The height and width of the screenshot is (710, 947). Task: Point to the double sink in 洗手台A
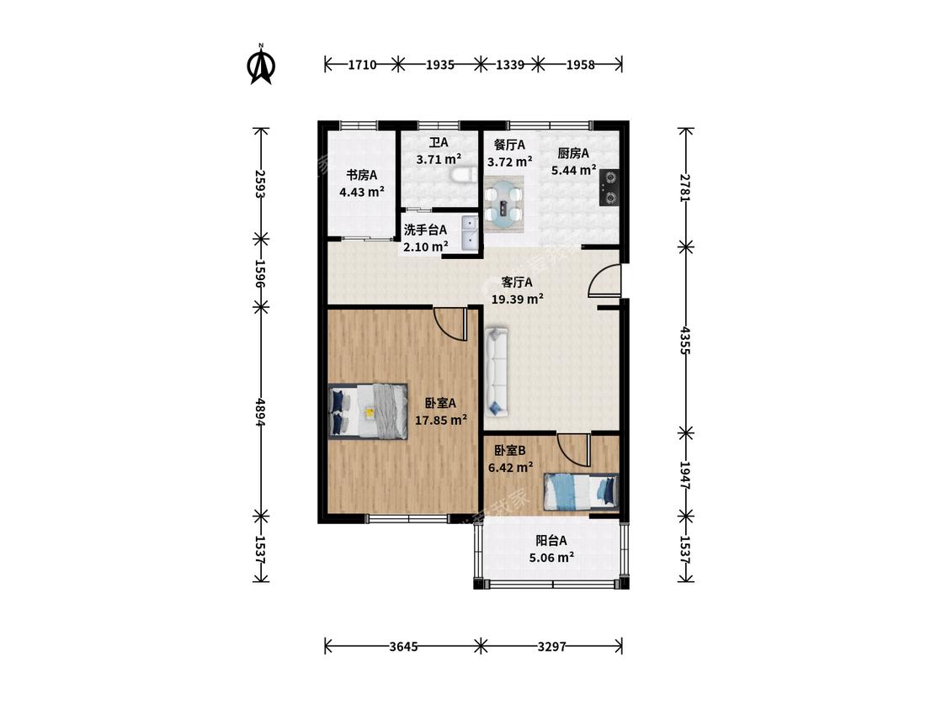[470, 233]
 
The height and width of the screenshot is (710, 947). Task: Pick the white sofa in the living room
[497, 371]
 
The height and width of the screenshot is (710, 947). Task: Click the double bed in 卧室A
[368, 411]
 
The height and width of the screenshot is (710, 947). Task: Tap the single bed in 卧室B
[581, 490]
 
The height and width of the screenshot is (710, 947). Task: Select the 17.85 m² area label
[441, 420]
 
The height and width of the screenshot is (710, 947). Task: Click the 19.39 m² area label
[517, 299]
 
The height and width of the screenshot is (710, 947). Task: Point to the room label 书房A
[361, 175]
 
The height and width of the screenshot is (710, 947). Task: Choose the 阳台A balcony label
[551, 541]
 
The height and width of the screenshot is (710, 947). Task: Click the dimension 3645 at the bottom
[403, 647]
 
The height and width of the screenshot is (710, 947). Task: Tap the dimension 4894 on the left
[260, 412]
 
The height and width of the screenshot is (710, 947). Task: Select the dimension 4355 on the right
[685, 341]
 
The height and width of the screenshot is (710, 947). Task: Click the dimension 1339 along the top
[510, 64]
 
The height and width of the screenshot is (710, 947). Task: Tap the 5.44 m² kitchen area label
[574, 170]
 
